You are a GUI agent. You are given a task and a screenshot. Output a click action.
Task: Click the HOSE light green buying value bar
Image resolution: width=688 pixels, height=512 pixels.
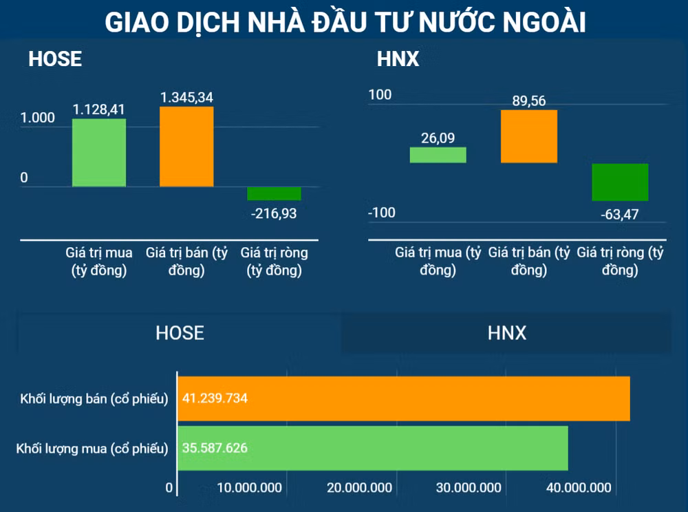(99, 152)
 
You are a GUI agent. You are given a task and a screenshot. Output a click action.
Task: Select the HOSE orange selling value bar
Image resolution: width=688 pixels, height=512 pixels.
(186, 146)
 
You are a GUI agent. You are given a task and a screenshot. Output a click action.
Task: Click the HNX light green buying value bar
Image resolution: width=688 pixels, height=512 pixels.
(438, 155)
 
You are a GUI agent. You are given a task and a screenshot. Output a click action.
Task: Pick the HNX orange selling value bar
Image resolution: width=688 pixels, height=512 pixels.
(528, 136)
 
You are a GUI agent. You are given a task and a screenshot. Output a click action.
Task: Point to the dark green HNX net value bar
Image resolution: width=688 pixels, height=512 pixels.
(619, 182)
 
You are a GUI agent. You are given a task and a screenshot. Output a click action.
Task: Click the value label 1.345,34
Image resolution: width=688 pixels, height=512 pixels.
(186, 97)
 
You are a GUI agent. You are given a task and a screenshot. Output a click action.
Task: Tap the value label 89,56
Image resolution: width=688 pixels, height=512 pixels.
(528, 101)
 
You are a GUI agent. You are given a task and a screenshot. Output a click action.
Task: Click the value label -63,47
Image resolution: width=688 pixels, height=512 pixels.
(619, 214)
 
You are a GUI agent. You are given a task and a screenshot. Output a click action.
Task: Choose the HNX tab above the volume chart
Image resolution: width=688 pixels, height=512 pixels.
(506, 334)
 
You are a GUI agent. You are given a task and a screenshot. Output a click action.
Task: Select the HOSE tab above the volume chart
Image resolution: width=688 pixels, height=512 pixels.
(180, 333)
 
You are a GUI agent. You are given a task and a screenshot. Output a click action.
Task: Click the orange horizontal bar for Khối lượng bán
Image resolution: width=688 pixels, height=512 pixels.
(404, 398)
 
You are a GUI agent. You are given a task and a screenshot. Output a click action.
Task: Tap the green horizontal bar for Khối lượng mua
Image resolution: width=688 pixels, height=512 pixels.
(373, 448)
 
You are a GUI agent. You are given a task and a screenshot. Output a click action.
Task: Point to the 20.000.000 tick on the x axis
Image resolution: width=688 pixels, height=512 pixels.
(360, 488)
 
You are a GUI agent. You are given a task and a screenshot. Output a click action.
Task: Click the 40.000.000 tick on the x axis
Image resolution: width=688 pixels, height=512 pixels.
(578, 488)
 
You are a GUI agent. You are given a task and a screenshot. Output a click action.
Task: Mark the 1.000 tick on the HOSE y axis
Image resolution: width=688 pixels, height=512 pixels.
(38, 118)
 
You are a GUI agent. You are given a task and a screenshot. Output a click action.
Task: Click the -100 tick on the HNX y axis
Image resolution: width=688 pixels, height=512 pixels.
(382, 212)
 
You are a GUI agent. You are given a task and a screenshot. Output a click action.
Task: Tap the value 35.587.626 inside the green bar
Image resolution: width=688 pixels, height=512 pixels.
(215, 448)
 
